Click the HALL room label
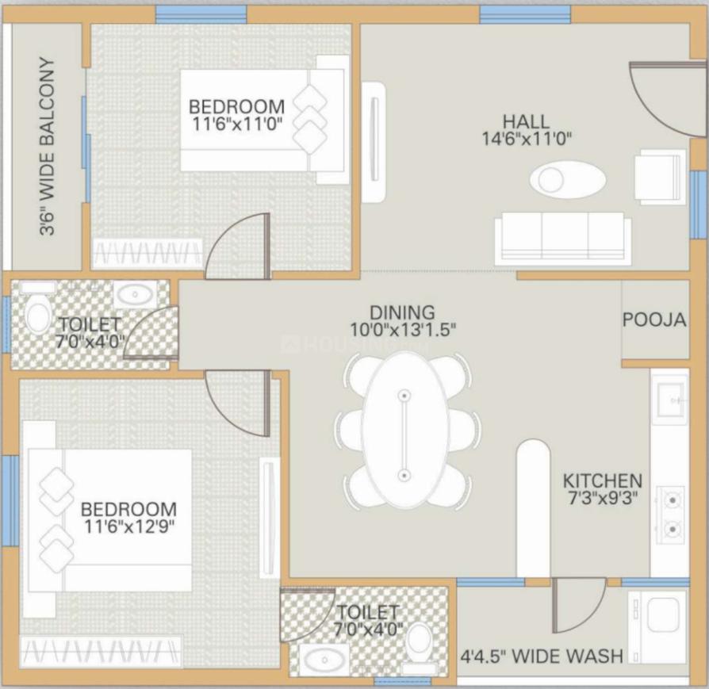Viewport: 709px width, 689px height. pyautogui.click(x=525, y=121)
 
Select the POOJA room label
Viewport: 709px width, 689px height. pyautogui.click(x=653, y=320)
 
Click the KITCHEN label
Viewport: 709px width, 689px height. pyautogui.click(x=602, y=481)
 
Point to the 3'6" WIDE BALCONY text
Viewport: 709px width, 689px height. pyautogui.click(x=48, y=147)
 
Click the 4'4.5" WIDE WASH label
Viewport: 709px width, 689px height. pyautogui.click(x=542, y=656)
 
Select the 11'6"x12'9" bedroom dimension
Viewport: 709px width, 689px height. pyautogui.click(x=129, y=525)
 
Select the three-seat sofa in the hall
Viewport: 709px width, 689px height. pyautogui.click(x=563, y=239)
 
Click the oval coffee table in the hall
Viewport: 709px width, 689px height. pyautogui.click(x=566, y=179)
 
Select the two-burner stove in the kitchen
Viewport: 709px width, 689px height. pyautogui.click(x=671, y=513)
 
